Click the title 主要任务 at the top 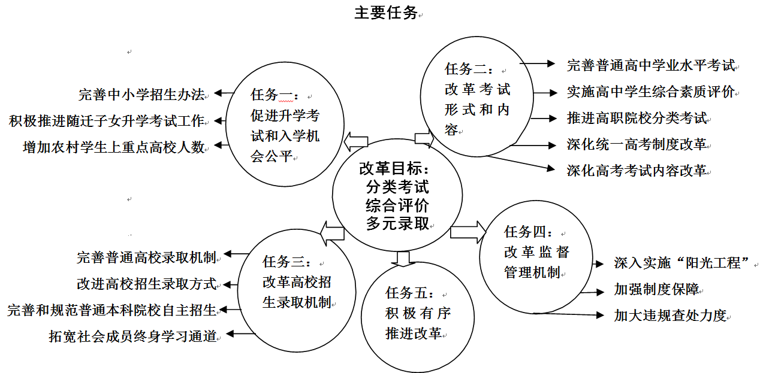385,13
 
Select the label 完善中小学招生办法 141,94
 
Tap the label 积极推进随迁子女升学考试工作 107,121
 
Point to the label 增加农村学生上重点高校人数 114,147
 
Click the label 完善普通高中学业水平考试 651,65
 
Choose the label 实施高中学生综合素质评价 651,92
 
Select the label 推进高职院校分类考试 637,118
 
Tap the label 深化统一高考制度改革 637,144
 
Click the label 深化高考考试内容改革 637,171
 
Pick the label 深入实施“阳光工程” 682,263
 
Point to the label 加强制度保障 656,289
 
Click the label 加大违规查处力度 671,316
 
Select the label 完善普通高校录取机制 146,257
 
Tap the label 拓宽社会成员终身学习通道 132,336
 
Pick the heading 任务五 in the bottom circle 406,293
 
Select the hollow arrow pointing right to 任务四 468,232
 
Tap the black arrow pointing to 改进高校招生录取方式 230,284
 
